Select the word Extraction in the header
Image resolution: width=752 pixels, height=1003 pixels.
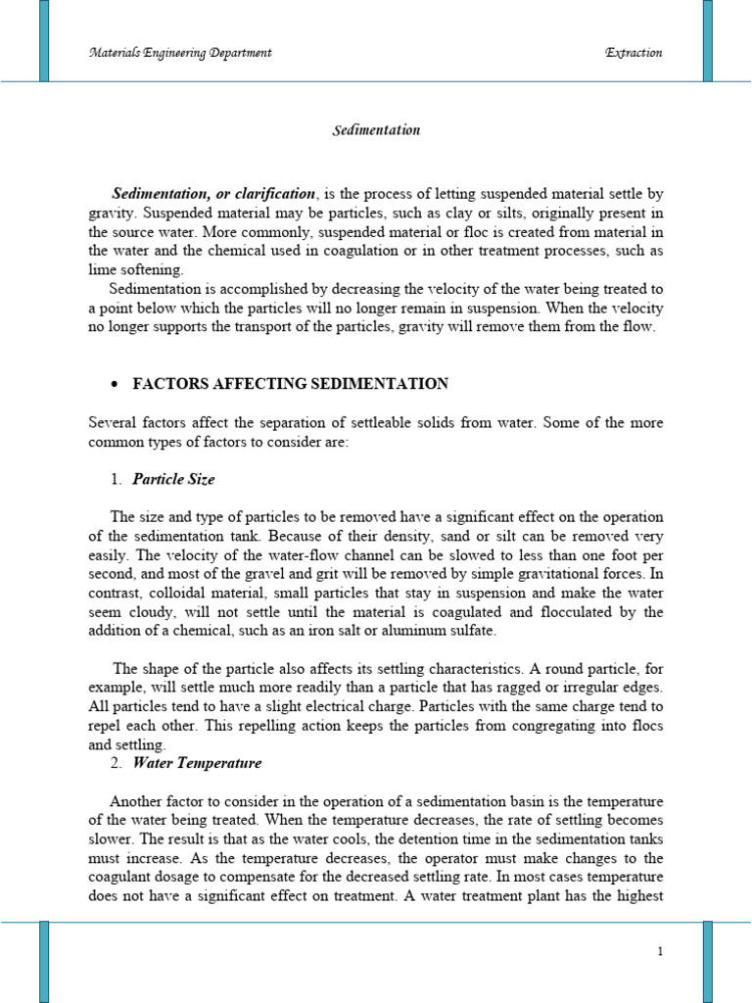click(634, 53)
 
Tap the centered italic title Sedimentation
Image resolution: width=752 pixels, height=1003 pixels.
click(375, 129)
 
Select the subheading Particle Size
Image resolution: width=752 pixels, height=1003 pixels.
click(173, 479)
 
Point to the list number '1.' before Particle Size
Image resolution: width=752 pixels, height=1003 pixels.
click(117, 479)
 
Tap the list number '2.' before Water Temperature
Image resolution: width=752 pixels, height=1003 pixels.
click(117, 762)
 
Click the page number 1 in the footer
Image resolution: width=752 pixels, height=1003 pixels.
click(661, 951)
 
